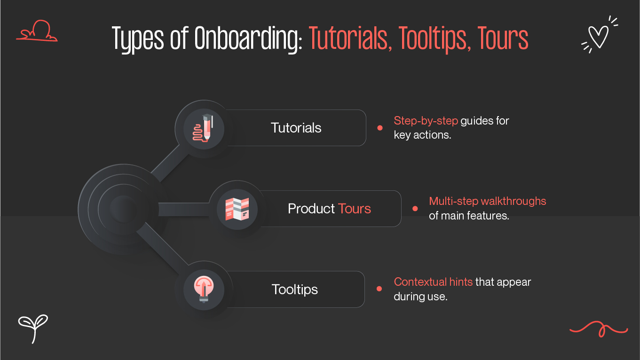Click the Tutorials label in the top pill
point(296,128)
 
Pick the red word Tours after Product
point(355,209)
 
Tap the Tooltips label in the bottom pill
point(295,289)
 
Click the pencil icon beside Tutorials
point(204,128)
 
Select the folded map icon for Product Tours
point(237,209)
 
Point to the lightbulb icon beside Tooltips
point(204,289)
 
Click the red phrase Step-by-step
point(426,121)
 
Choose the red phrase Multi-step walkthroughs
point(487,202)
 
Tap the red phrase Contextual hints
point(433,282)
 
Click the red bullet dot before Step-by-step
point(380,128)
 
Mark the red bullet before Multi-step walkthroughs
point(415,209)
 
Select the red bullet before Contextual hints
point(379,289)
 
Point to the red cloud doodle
point(37,31)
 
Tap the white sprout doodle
point(33,327)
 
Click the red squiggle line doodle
point(598,328)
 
